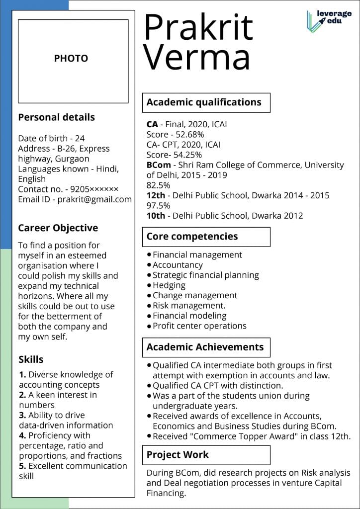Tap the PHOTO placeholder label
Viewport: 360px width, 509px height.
(71, 59)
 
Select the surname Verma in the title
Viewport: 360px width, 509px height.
(196, 57)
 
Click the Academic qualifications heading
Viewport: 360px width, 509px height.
(204, 102)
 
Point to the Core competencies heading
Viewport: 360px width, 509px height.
(192, 237)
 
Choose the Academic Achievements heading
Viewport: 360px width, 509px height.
(205, 347)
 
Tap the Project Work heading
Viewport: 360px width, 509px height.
(178, 454)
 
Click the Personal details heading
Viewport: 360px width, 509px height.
(56, 118)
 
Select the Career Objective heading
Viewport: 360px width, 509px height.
(58, 228)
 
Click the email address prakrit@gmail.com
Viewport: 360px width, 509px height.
(94, 199)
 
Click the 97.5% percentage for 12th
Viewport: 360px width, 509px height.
(158, 205)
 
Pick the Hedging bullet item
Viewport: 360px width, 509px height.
(169, 285)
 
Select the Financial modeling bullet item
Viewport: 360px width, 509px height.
(189, 316)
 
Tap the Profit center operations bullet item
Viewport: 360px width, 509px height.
(199, 326)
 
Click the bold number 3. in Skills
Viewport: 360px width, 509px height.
(22, 415)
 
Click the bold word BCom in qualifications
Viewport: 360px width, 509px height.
(158, 165)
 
